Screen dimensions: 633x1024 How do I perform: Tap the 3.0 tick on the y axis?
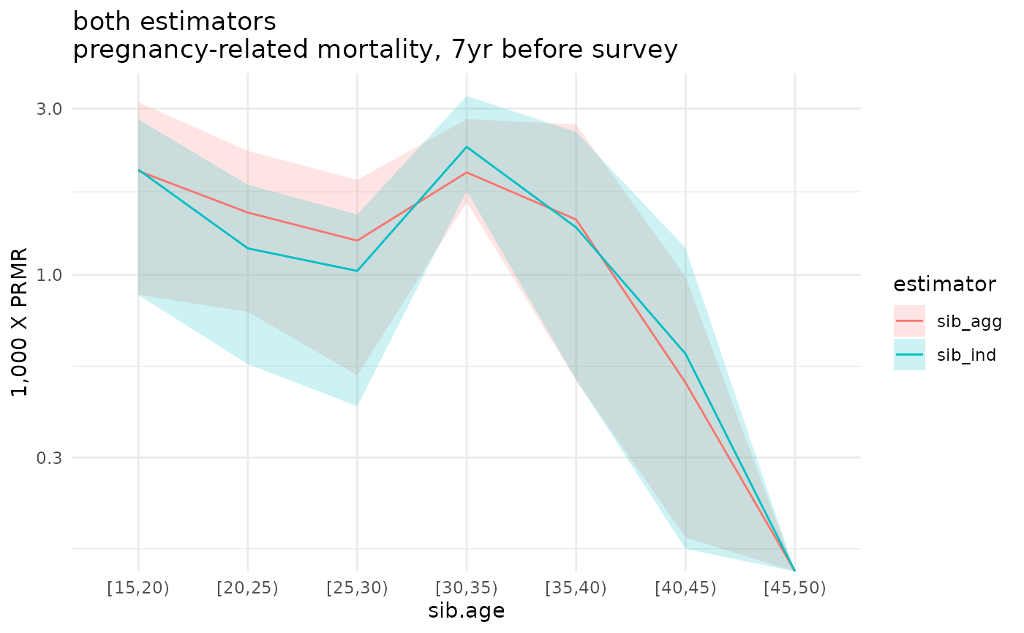click(x=49, y=108)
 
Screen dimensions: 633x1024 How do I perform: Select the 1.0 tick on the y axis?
click(x=49, y=275)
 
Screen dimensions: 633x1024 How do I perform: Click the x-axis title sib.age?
click(x=466, y=610)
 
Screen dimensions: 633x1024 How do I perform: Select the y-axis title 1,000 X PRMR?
click(x=21, y=322)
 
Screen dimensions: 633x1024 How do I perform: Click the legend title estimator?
click(x=944, y=285)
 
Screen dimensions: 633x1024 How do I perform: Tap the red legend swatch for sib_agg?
click(x=909, y=321)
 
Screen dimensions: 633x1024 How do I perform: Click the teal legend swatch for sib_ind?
click(x=909, y=355)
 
